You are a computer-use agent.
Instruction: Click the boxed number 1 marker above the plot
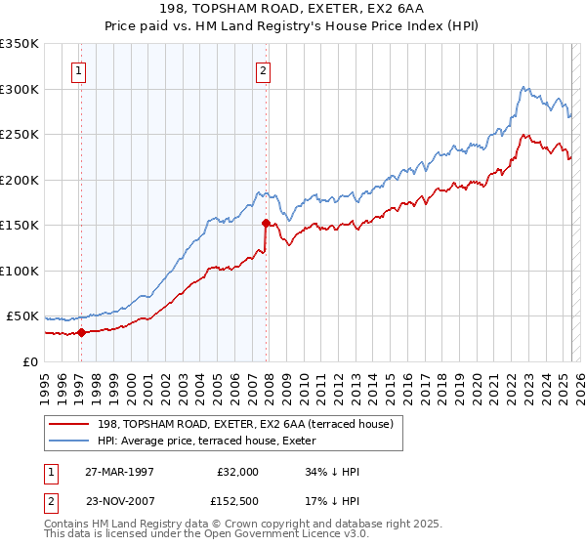point(77,69)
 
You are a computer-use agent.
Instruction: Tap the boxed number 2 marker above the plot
point(264,69)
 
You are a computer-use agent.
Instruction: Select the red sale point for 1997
point(82,332)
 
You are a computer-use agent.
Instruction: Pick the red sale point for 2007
point(266,223)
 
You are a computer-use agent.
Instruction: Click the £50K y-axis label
point(22,316)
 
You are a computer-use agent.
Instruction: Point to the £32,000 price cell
point(236,471)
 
